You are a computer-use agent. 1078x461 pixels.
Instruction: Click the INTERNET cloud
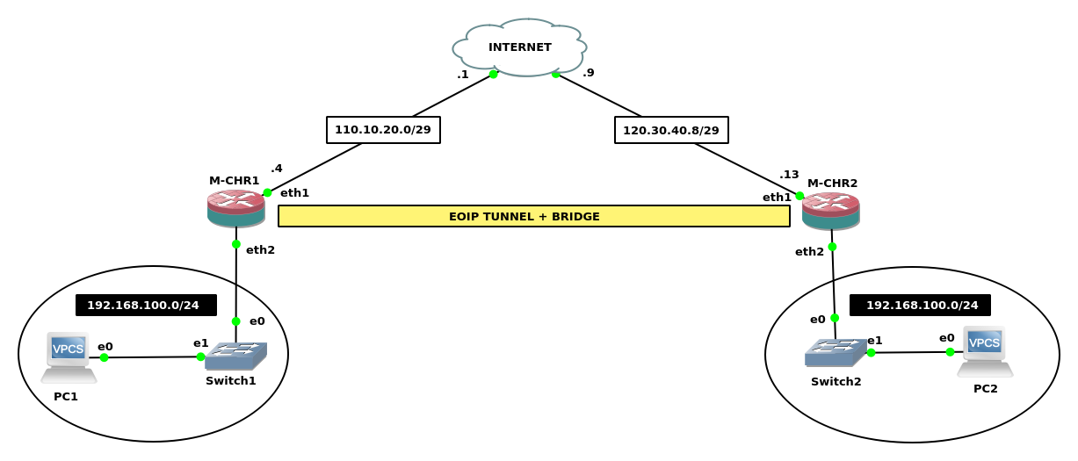point(519,47)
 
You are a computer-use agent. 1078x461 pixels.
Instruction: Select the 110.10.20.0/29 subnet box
point(383,130)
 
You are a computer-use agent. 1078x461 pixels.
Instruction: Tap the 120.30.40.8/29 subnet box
point(671,130)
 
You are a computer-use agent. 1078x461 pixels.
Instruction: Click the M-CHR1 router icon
point(235,208)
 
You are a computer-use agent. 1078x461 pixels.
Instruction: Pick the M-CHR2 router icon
point(830,211)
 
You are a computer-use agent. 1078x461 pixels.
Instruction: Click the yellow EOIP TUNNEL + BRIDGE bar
point(533,216)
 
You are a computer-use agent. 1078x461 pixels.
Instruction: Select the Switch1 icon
point(235,356)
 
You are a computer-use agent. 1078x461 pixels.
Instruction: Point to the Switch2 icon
point(834,353)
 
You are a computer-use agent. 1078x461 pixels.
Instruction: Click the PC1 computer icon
point(68,357)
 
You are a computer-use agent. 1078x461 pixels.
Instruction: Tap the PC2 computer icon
point(984,350)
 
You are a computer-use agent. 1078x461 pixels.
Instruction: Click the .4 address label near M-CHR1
point(277,169)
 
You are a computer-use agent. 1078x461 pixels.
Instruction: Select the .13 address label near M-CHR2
point(789,175)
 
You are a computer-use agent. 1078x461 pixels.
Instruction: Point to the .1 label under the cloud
point(462,75)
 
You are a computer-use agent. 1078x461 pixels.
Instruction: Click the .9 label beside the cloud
point(589,73)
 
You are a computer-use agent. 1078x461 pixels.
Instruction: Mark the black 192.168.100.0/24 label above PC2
point(921,306)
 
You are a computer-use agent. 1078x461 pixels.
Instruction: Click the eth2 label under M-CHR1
point(260,250)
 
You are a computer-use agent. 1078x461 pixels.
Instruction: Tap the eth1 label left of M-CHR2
point(777,198)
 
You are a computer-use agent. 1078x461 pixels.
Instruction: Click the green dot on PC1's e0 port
point(104,357)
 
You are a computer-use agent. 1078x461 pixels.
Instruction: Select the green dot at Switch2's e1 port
point(871,353)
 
